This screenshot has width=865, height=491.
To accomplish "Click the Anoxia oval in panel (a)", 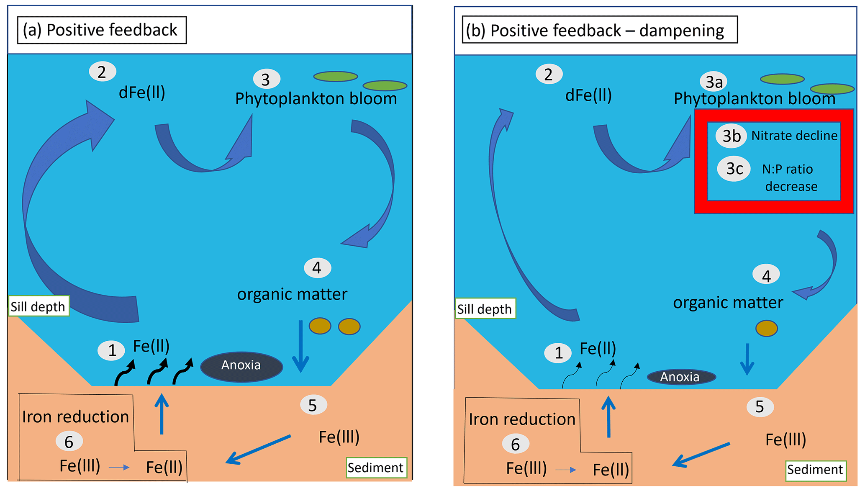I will point(241,366).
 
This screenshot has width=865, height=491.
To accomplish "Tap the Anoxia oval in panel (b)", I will point(681,377).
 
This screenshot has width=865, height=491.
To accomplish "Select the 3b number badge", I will point(731,136).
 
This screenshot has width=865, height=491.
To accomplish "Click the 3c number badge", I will point(734,169).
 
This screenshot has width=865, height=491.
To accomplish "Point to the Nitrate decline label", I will point(794,136).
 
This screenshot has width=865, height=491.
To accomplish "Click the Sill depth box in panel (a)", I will point(38,306).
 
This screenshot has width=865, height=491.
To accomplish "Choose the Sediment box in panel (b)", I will point(815,470).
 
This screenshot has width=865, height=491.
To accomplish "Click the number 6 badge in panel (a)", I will point(69,442).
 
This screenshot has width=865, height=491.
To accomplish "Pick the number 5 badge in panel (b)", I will point(760,407).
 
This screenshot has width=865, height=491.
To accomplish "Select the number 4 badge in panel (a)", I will point(317,268).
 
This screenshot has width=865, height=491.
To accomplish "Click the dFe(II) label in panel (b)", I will point(588,95).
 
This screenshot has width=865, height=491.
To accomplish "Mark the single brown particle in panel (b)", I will point(766,329).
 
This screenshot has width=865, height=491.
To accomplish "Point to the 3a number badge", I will point(714,82).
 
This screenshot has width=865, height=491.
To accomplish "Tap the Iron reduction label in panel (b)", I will point(522,419).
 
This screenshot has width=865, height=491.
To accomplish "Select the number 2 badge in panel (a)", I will point(102,72).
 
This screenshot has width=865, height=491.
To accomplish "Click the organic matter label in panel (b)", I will point(728,303).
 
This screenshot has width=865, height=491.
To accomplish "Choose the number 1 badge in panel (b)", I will point(558,353).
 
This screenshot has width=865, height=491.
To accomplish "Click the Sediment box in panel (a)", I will point(376,468).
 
